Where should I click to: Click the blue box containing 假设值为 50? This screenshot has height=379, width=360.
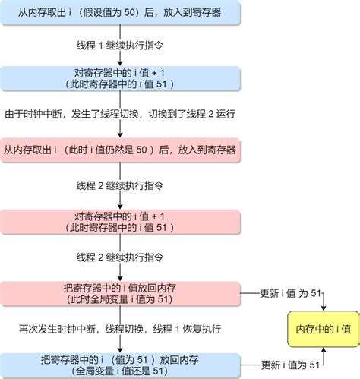(121, 12)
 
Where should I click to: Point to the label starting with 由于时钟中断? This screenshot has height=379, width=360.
(121, 113)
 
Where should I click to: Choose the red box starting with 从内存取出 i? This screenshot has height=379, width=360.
(121, 150)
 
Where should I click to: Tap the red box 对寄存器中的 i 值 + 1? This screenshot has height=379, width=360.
(121, 221)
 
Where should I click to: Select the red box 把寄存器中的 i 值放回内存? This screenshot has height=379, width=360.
(121, 293)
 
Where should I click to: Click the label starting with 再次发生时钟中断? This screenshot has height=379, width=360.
(121, 329)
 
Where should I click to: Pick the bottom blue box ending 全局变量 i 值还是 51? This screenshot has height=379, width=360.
(121, 365)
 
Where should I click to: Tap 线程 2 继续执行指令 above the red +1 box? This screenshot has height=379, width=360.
(121, 185)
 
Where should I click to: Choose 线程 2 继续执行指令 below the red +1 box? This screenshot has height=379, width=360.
(121, 257)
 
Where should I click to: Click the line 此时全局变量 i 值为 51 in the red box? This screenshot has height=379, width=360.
(121, 298)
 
